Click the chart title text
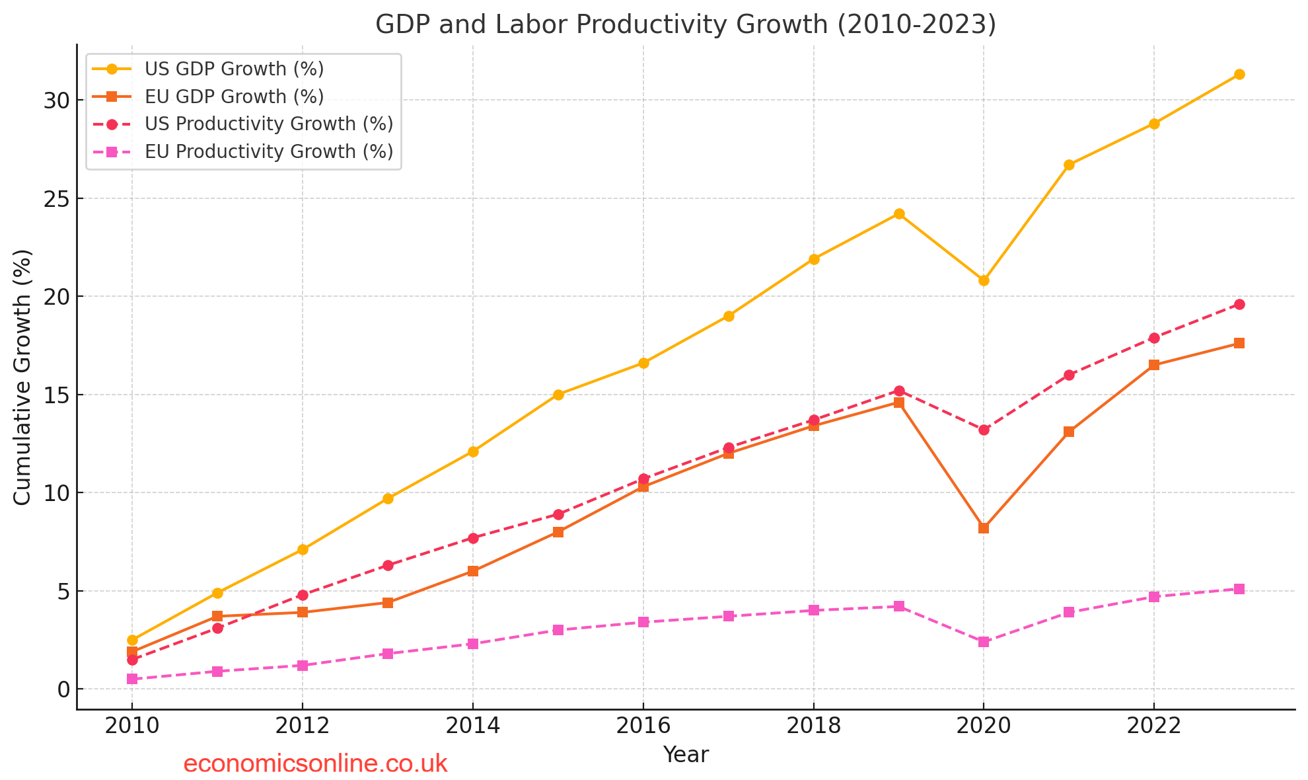686,24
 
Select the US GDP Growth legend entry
234,69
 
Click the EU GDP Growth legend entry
234,97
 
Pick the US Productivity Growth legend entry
268,124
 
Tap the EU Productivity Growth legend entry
268,152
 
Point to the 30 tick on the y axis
56,100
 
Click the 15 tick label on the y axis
56,395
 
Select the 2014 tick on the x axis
472,726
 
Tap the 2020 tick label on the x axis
983,726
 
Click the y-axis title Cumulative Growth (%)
22,377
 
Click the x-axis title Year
686,754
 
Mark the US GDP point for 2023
1239,75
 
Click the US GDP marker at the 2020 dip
984,280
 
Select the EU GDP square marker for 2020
984,528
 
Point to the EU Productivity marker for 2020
984,642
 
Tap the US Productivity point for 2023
1239,304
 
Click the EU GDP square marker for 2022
1154,365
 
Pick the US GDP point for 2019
899,214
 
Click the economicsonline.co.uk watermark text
315,764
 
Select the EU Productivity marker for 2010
132,679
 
